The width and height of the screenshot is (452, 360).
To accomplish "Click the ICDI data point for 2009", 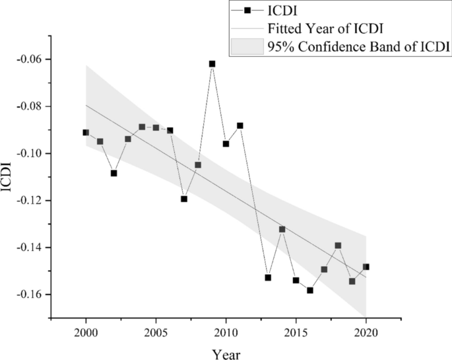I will click(212, 64).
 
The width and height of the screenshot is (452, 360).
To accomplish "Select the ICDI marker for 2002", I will click(113, 173).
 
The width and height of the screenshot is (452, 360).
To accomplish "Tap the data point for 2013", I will click(268, 277).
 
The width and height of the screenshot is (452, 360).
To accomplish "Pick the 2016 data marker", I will click(310, 290).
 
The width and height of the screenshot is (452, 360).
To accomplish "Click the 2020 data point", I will click(366, 267).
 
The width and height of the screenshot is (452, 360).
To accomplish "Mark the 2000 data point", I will click(86, 132).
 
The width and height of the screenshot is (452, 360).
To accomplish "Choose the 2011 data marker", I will click(240, 126).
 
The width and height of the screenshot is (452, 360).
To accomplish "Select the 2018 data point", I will click(339, 245).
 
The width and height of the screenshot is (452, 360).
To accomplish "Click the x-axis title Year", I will click(226, 354).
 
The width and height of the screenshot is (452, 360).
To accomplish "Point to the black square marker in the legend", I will click(247, 11).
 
